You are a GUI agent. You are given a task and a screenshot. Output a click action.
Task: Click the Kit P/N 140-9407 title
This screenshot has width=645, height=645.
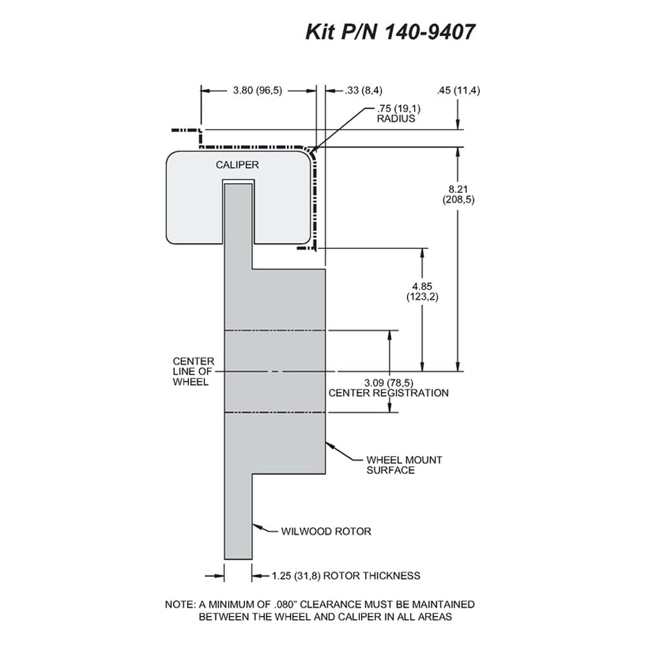390,32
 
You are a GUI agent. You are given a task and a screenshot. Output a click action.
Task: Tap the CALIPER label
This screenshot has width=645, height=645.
237,164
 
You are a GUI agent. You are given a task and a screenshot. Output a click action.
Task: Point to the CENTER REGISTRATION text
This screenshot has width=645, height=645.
388,393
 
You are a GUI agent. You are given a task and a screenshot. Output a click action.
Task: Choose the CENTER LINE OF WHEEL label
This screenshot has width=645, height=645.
193,372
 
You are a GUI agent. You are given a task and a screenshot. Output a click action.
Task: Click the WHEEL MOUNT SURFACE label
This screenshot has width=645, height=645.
404,465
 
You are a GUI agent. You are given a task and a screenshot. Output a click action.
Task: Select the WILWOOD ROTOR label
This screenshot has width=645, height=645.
326,531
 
